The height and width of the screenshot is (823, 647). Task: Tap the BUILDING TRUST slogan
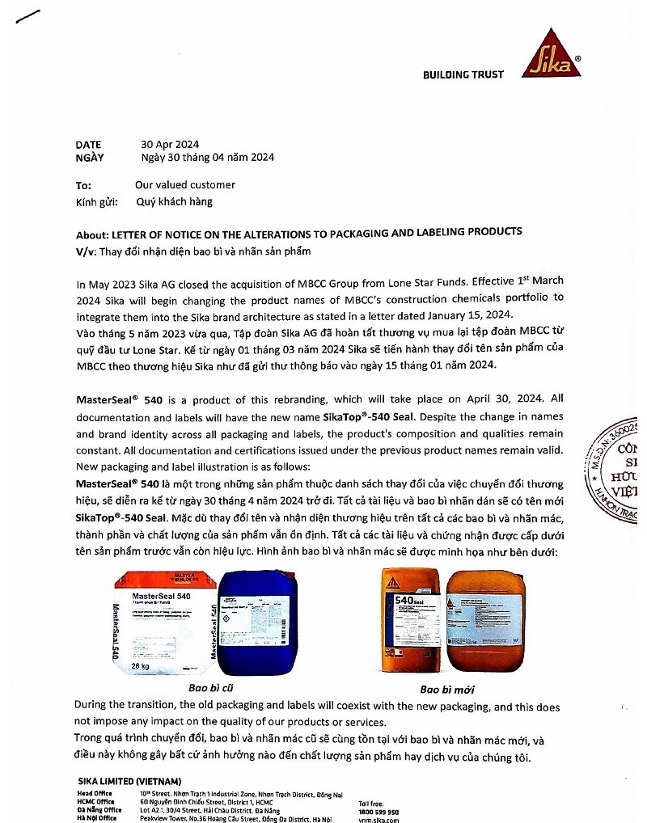tap(463, 75)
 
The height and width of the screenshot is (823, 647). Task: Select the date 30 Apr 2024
tap(170, 145)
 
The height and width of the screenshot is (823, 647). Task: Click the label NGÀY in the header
tap(90, 158)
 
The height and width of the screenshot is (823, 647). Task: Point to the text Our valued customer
tap(185, 185)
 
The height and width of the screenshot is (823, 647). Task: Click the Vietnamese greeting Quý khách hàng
tap(174, 202)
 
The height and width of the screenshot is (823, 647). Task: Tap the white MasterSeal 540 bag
tap(162, 623)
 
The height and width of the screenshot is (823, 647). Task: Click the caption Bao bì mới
tap(446, 690)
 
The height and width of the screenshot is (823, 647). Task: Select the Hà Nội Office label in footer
tap(97, 818)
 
